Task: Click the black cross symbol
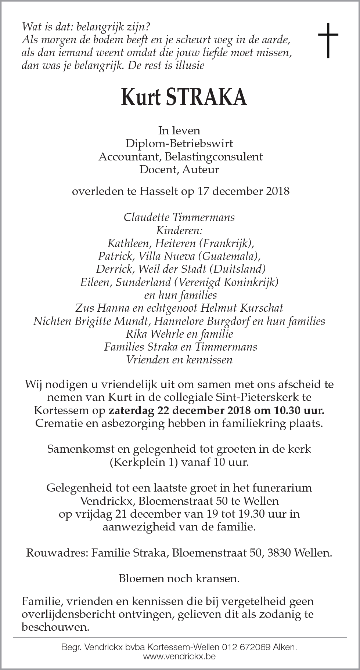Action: click(328, 40)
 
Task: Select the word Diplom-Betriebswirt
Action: click(179, 144)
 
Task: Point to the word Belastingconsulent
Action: click(214, 157)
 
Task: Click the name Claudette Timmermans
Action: click(179, 217)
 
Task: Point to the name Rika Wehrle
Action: click(152, 334)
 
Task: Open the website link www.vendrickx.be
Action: click(180, 656)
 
